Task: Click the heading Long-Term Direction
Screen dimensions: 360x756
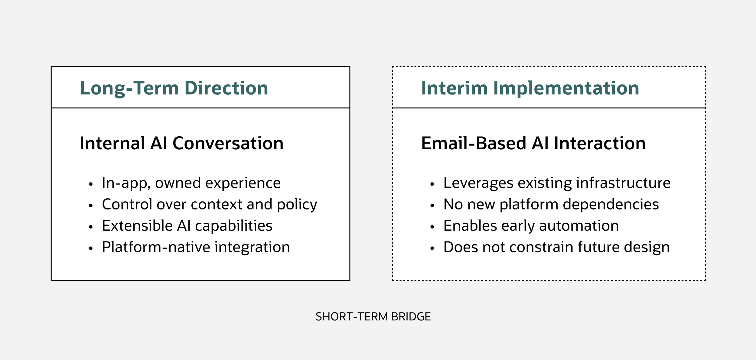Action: pos(174,88)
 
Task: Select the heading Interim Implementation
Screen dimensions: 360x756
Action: pos(530,88)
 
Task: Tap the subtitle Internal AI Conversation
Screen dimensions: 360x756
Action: pos(181,143)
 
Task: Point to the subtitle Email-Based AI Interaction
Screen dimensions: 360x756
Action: pos(533,143)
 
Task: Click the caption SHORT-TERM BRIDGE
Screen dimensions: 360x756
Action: pos(373,316)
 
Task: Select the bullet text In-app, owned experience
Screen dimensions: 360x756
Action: pos(191,183)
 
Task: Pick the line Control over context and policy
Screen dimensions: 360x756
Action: pos(209,204)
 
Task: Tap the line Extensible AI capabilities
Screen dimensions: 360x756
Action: pos(187,225)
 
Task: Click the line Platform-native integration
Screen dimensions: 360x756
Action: pos(196,247)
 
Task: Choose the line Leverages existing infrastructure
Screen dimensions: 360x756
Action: pos(557,183)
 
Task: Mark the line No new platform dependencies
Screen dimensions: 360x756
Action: pos(551,204)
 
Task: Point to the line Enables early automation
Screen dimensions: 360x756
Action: pos(531,225)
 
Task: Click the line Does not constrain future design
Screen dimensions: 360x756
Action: pos(556,247)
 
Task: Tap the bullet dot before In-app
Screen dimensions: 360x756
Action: pos(91,184)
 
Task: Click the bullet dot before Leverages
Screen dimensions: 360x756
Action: pos(432,184)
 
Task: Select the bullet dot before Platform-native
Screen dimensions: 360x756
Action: pos(91,248)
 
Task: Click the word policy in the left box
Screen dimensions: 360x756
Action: pos(297,205)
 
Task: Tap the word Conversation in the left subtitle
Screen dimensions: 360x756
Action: pos(228,143)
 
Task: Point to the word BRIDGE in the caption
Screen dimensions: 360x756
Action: pos(411,316)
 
